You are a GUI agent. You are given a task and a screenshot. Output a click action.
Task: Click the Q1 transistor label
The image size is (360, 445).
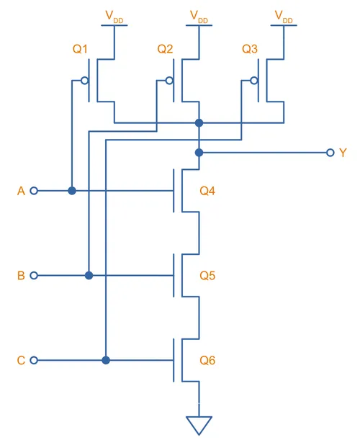point(80,49)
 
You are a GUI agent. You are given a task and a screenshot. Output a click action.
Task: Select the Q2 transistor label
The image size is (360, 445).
point(165,49)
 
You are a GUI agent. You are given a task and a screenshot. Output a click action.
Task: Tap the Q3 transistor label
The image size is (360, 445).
point(250,49)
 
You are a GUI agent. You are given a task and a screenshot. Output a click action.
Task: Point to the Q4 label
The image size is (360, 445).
point(207,191)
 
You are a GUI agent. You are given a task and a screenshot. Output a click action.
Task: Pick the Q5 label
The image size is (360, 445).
point(207,276)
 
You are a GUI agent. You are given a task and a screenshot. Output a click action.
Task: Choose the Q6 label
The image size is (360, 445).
point(207,361)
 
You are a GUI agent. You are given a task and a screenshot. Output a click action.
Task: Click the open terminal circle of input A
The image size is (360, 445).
point(34,191)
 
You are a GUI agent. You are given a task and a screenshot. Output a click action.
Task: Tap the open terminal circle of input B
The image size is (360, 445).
point(34,275)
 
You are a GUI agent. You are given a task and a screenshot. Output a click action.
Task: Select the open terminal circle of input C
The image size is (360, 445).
point(34,360)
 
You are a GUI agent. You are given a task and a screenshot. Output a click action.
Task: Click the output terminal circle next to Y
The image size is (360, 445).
point(330,153)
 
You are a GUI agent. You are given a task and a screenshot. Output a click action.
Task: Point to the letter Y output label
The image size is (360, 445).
point(343,153)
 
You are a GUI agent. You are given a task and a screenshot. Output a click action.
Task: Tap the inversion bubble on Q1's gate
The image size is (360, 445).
point(84,81)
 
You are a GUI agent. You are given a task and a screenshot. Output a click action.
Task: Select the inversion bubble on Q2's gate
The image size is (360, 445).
point(169,81)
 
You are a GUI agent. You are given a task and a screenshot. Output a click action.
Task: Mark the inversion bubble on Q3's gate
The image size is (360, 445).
point(254,81)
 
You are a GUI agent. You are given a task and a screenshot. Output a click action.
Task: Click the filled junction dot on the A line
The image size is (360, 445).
point(72,191)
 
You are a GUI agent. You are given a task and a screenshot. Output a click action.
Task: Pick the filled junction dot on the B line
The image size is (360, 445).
point(89,275)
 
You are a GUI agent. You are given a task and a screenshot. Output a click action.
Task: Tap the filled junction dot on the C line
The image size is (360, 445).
point(106,360)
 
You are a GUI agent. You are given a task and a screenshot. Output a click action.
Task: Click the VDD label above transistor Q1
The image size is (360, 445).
point(114,17)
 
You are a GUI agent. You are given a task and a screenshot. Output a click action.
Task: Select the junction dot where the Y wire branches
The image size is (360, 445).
point(199,153)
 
